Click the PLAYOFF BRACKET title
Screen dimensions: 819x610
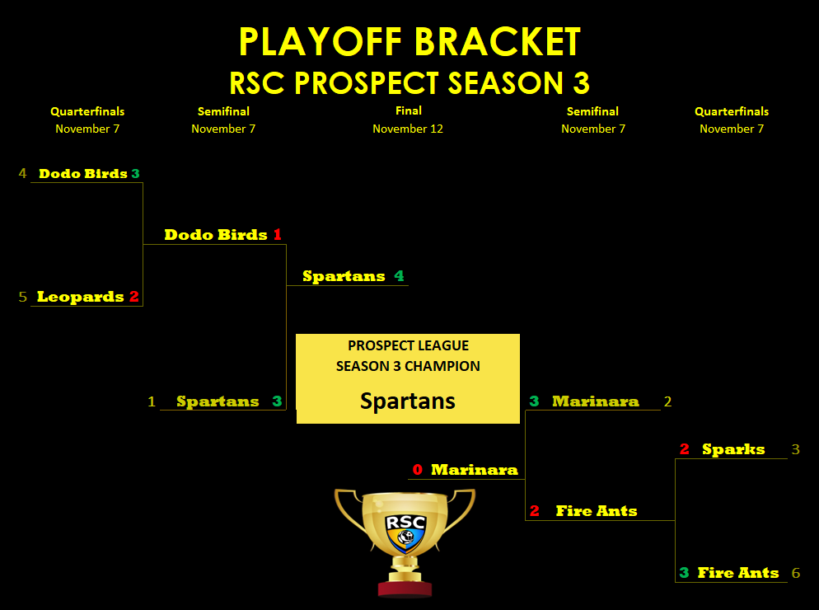click(409, 42)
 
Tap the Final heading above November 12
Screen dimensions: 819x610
click(409, 110)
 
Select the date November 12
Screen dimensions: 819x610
click(408, 129)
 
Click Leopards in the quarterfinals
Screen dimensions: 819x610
click(81, 297)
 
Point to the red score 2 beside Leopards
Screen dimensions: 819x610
click(134, 297)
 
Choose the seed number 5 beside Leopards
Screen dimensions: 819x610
click(22, 297)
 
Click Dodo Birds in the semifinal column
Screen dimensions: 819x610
click(216, 235)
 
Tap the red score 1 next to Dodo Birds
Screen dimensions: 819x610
click(278, 235)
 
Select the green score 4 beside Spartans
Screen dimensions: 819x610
click(400, 275)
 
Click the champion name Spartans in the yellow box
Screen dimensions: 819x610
click(407, 401)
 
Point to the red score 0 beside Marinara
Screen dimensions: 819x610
click(418, 469)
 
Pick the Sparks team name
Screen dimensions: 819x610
click(733, 449)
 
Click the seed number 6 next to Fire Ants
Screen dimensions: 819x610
click(796, 573)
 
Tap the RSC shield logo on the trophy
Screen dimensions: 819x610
click(406, 533)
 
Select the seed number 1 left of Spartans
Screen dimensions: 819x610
click(152, 401)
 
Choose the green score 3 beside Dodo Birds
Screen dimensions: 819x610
click(136, 174)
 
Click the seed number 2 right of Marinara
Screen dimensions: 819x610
click(667, 401)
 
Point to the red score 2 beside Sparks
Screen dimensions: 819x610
click(685, 449)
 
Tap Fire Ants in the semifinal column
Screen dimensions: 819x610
click(597, 511)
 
